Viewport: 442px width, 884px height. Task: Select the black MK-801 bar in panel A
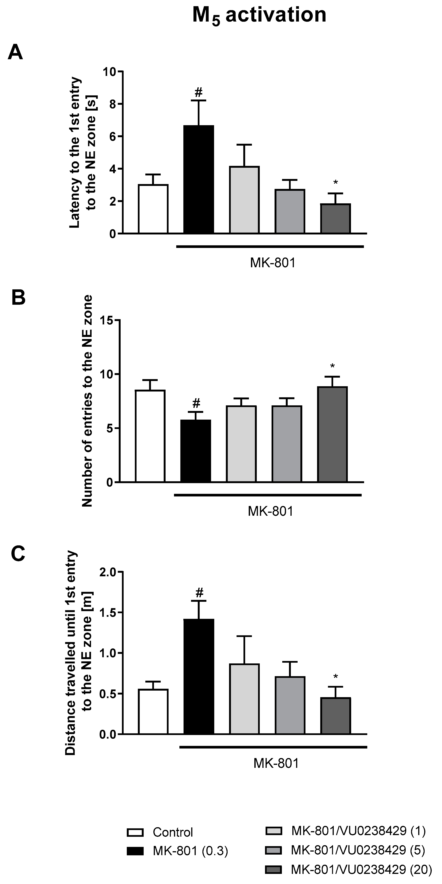[x=199, y=179]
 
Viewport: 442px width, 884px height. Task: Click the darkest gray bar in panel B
[x=332, y=434]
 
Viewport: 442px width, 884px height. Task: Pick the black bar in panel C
[x=199, y=676]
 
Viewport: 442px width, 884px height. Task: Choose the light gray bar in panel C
[x=244, y=698]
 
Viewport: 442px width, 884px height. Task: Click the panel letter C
[x=18, y=554]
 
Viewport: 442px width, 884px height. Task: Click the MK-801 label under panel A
[x=273, y=263]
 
